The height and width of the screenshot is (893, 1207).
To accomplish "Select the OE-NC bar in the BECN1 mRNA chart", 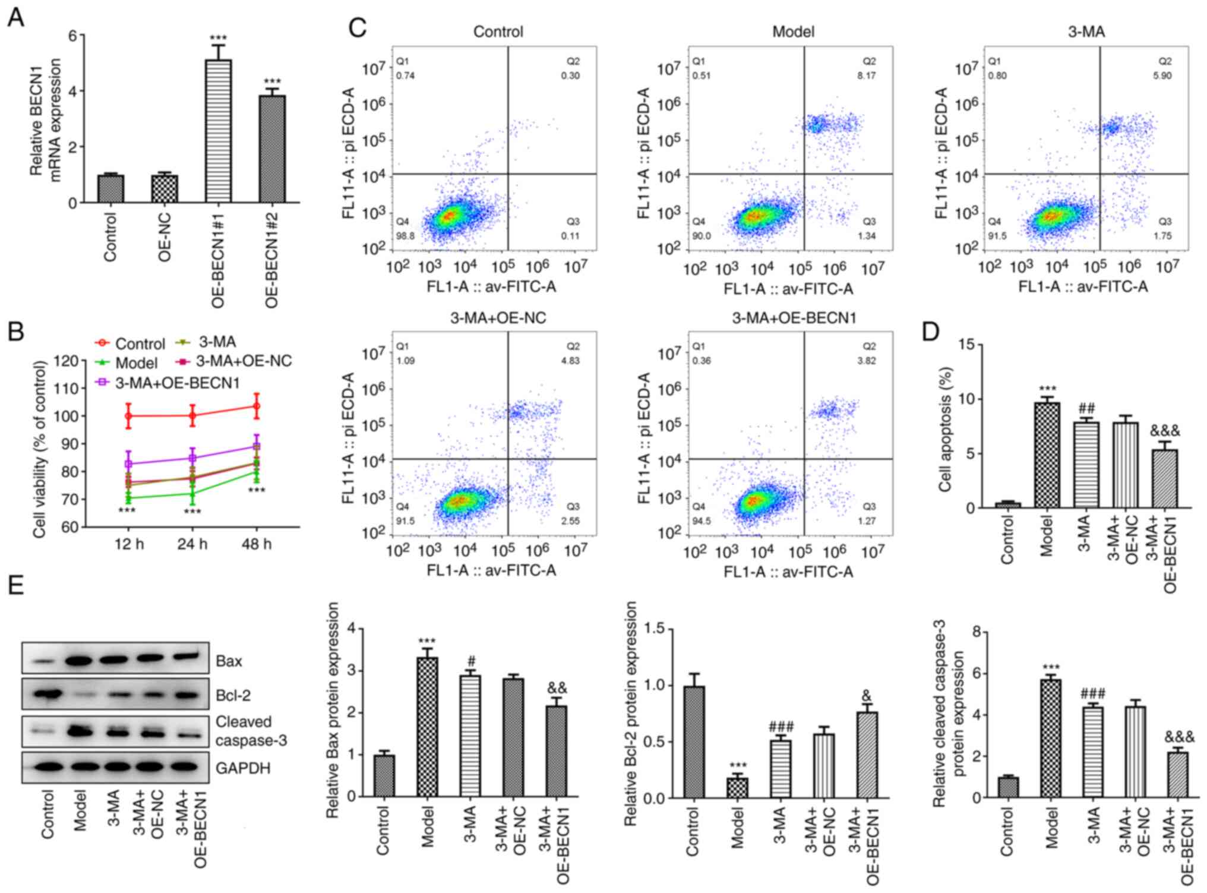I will (x=165, y=188).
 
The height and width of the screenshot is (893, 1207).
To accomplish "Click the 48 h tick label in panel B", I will (x=257, y=544).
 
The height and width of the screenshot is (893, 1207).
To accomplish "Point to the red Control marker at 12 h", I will (x=128, y=416).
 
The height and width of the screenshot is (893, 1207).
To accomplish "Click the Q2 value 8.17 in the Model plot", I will (x=866, y=76).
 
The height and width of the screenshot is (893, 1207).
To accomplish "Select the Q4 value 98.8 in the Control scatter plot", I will (x=405, y=236).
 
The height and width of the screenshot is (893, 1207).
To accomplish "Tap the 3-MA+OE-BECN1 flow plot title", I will (x=794, y=318).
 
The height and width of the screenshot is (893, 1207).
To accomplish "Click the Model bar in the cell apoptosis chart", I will (x=1047, y=455).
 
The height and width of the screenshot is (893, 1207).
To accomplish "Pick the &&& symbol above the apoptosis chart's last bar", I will (x=1165, y=431).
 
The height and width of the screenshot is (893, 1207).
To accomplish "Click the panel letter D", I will (x=931, y=332).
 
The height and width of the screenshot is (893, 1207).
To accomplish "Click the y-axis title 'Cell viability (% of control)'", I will (x=40, y=449).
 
